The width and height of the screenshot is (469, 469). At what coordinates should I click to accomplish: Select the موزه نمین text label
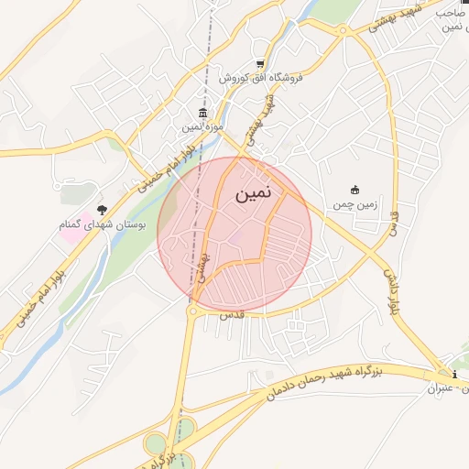[202, 125]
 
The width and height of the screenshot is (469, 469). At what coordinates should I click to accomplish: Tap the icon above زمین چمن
[355, 190]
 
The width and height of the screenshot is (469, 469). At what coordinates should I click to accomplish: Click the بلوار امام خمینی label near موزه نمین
[165, 165]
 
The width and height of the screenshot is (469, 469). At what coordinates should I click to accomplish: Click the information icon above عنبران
[455, 375]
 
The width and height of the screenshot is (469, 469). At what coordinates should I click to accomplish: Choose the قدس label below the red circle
[229, 315]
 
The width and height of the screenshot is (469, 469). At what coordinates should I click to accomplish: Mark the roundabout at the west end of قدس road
[193, 311]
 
